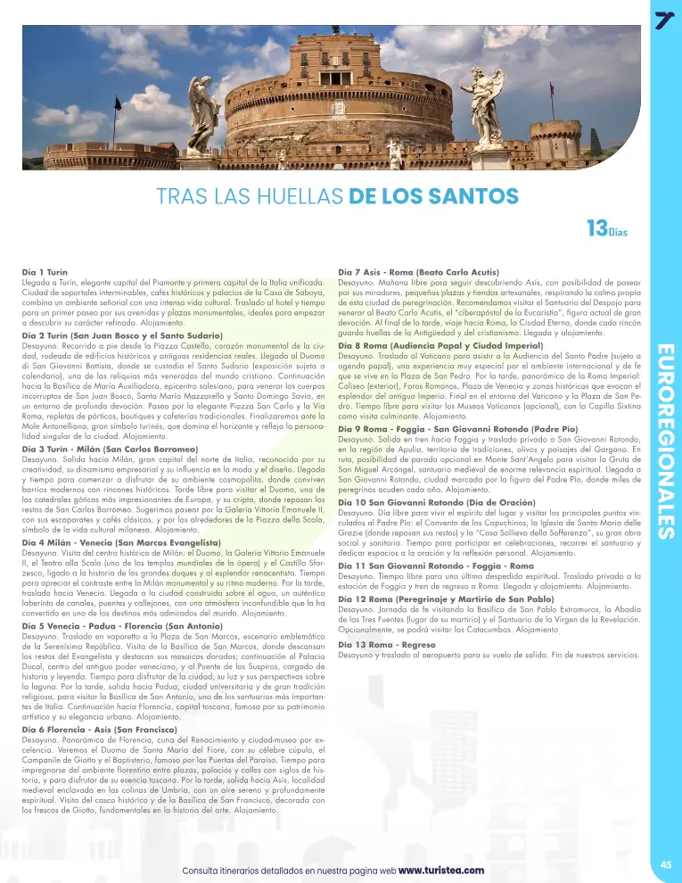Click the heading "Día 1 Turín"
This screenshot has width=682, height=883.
tap(45, 269)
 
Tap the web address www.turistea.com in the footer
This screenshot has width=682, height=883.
tap(441, 870)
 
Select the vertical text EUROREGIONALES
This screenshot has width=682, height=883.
tap(664, 441)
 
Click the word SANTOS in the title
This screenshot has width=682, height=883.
tap(472, 194)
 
